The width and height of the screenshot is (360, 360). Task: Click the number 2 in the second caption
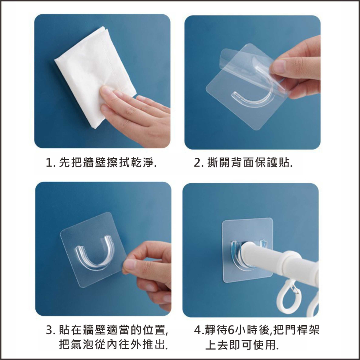click(197, 163)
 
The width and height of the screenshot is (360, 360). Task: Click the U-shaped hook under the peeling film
click(252, 90)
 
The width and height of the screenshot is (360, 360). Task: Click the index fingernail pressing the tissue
click(106, 90)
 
